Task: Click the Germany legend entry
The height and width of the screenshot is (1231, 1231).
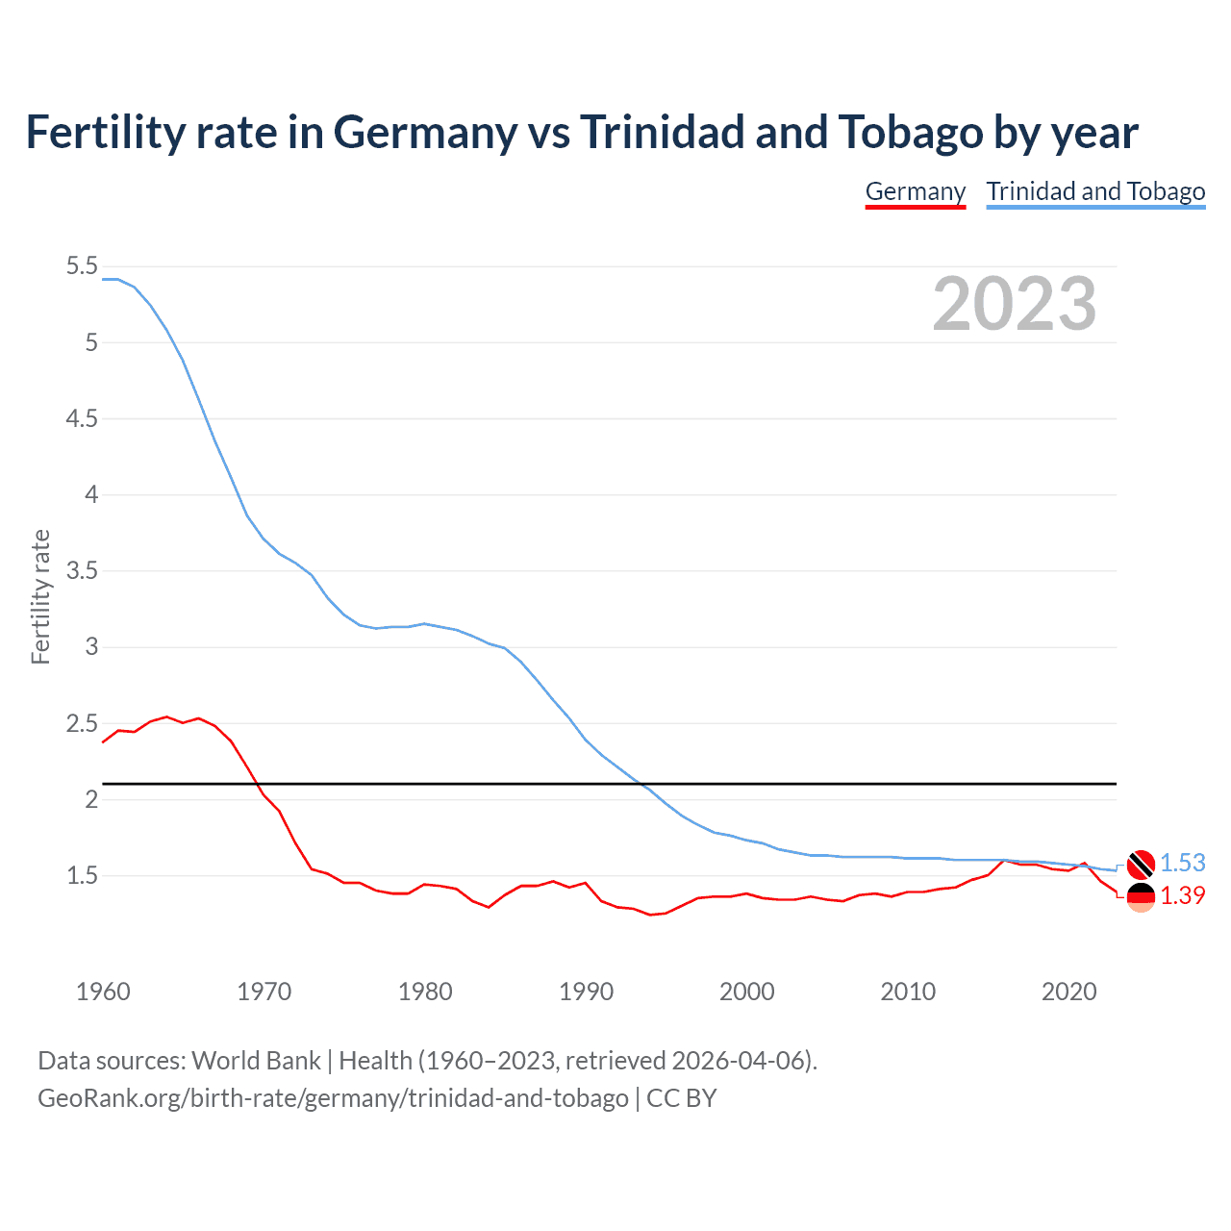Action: (x=915, y=191)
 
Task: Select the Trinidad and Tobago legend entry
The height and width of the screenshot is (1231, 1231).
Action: (x=1095, y=191)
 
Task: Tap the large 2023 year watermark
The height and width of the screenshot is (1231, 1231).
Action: (x=1014, y=304)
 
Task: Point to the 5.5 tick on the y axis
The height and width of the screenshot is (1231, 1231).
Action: (x=82, y=266)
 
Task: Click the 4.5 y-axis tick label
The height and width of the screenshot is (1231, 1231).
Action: (x=82, y=418)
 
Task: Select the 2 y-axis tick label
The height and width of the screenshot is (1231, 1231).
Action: (x=91, y=799)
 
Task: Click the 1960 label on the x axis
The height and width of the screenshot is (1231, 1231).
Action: (x=103, y=992)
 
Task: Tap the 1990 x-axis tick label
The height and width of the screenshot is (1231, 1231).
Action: (x=586, y=992)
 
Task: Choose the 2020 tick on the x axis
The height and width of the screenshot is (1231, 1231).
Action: (x=1068, y=992)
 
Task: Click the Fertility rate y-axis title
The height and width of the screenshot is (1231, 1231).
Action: (x=40, y=596)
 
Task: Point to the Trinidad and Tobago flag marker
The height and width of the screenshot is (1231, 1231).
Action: (x=1141, y=865)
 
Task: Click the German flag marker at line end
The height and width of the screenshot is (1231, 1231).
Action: (x=1141, y=896)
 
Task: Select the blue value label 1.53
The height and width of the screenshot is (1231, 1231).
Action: (x=1182, y=863)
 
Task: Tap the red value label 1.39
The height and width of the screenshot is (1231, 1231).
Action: (x=1182, y=895)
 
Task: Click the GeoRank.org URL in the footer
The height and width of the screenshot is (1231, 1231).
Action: (x=333, y=1098)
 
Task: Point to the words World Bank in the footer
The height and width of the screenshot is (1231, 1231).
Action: (x=256, y=1061)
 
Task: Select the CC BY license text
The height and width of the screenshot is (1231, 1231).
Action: (x=682, y=1098)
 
